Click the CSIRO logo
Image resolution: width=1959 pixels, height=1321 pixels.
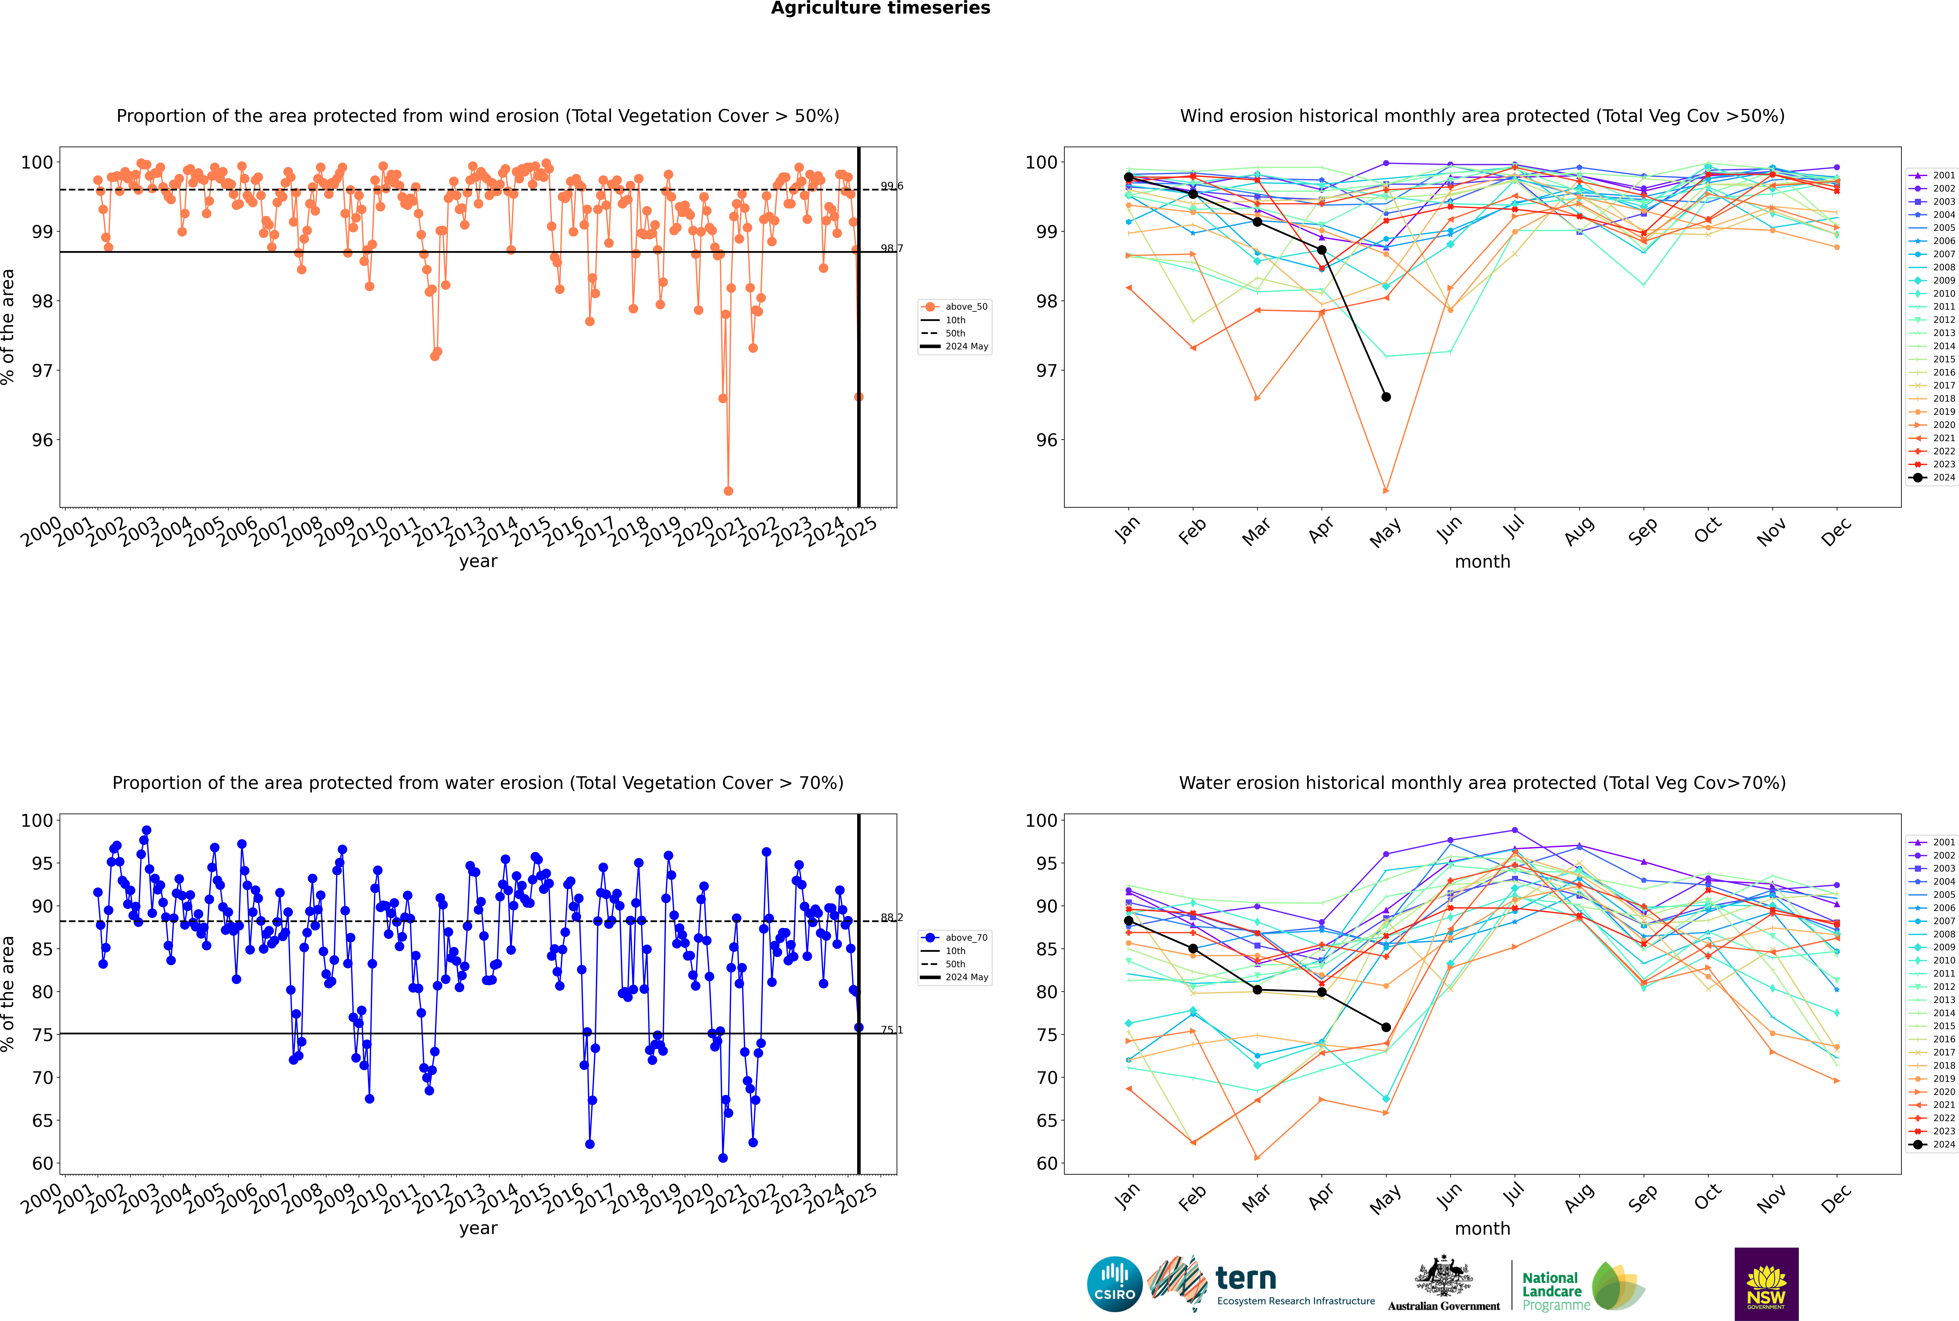coord(1114,1285)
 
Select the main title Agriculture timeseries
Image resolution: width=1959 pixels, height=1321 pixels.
coord(880,8)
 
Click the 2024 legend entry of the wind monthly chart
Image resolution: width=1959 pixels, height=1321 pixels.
coord(1932,478)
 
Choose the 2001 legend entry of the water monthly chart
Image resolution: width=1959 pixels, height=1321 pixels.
coord(1932,842)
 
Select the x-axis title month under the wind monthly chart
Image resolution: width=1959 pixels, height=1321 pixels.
coord(1482,562)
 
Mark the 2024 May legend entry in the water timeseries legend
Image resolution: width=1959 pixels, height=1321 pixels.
coord(955,977)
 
